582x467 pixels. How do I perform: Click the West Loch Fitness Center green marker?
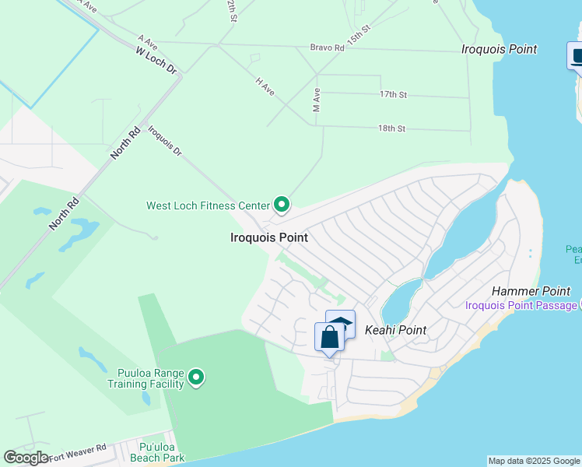pyautogui.click(x=282, y=205)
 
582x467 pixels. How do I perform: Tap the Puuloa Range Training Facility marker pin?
pyautogui.click(x=197, y=378)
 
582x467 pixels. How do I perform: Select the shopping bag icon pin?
pyautogui.click(x=329, y=338)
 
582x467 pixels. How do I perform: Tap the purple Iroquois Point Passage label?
pyautogui.click(x=521, y=304)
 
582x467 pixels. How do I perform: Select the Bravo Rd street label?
pyautogui.click(x=327, y=47)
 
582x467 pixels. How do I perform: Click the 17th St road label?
pyautogui.click(x=393, y=94)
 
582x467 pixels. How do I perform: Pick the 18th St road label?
pyautogui.click(x=391, y=128)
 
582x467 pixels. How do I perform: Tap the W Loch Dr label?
pyautogui.click(x=156, y=60)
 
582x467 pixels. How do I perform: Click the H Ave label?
pyautogui.click(x=265, y=86)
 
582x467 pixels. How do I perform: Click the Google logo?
pyautogui.click(x=26, y=458)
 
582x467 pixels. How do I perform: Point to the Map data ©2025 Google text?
pyautogui.click(x=534, y=461)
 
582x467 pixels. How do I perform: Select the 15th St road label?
pyautogui.click(x=359, y=34)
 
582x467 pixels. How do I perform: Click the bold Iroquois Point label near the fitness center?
pyautogui.click(x=269, y=237)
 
